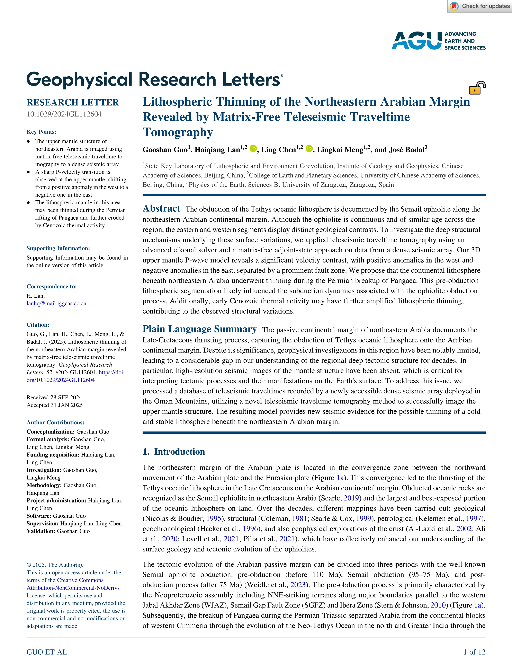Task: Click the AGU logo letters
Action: coord(416,41)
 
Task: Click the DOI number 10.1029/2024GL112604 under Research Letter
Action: coord(64,114)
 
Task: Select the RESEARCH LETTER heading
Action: coord(73,102)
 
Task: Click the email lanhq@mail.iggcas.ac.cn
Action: coord(56,303)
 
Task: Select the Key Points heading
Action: coord(42,132)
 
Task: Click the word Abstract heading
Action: coord(162,209)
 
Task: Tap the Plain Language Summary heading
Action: coord(200,329)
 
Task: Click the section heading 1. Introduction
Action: coord(174,452)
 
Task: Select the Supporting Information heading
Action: coord(58,248)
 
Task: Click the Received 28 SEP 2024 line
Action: coord(54,397)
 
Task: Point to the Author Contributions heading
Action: coord(55,422)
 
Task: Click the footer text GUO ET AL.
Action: coord(47,652)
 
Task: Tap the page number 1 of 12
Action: coord(474,652)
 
